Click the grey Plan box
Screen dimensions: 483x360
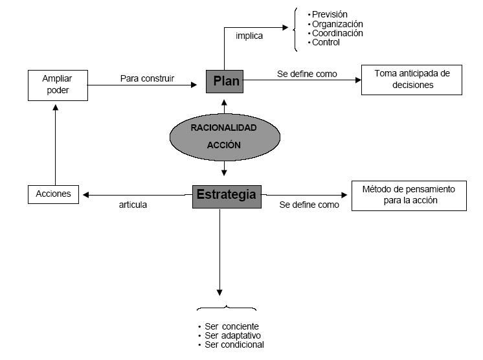pyautogui.click(x=225, y=82)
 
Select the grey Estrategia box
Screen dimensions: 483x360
pyautogui.click(x=227, y=196)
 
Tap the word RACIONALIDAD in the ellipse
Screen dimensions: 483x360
pyautogui.click(x=223, y=128)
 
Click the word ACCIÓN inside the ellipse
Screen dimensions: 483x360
pyautogui.click(x=223, y=145)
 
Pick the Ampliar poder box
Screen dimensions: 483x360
pyautogui.click(x=58, y=85)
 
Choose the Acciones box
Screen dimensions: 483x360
pyautogui.click(x=53, y=194)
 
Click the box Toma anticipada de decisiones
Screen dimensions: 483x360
pyautogui.click(x=412, y=80)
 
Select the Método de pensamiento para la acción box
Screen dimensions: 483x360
pyautogui.click(x=409, y=196)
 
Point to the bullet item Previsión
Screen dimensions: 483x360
pyautogui.click(x=328, y=14)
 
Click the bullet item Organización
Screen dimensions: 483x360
pyautogui.click(x=335, y=24)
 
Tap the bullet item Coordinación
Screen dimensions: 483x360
pyautogui.click(x=335, y=33)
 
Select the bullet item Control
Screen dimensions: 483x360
pyautogui.click(x=324, y=43)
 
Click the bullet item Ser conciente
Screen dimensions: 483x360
pyautogui.click(x=229, y=326)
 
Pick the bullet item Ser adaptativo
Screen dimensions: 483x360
pyautogui.click(x=230, y=335)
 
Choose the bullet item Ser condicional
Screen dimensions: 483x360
pyautogui.click(x=231, y=345)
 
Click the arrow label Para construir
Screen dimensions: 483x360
pyautogui.click(x=147, y=78)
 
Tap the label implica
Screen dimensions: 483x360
pyautogui.click(x=249, y=36)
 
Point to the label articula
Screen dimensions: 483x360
pyautogui.click(x=133, y=205)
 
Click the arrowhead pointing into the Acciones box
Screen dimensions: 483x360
pyautogui.click(x=86, y=195)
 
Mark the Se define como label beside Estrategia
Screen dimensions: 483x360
pyautogui.click(x=309, y=205)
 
